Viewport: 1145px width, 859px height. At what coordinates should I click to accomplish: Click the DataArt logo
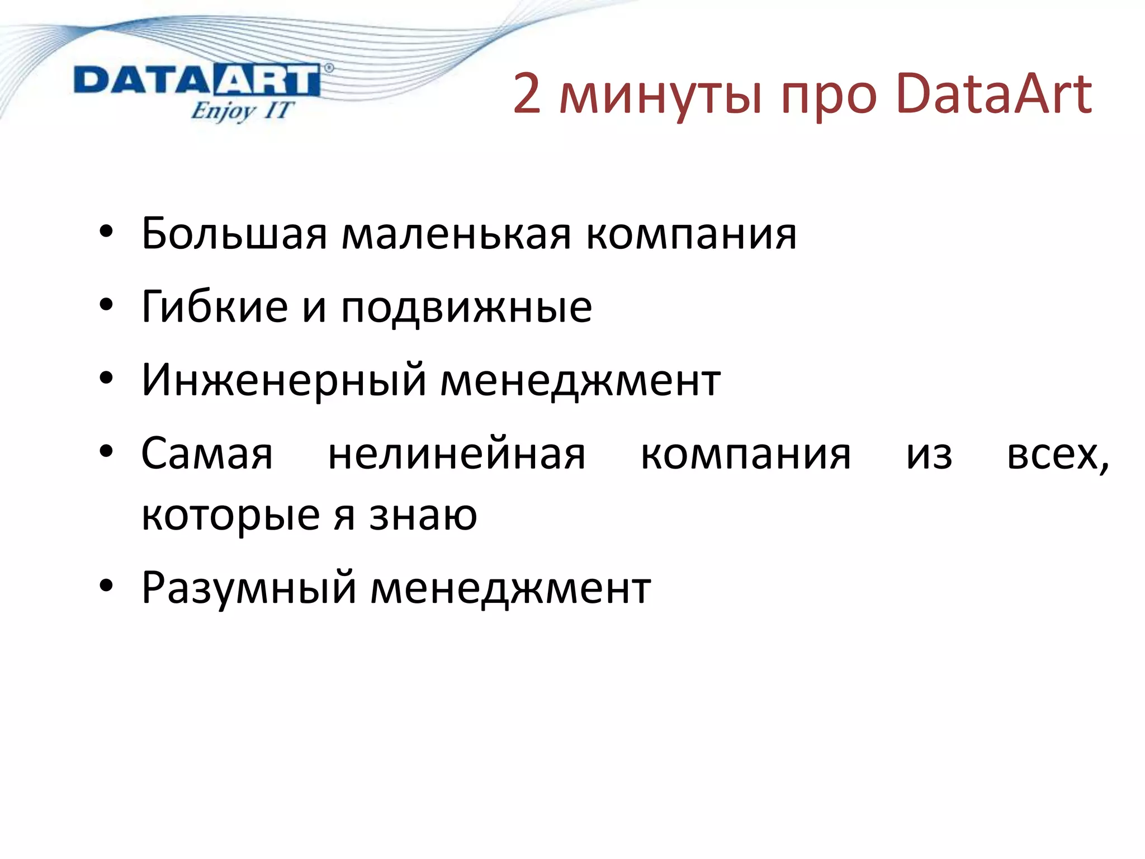pos(197,82)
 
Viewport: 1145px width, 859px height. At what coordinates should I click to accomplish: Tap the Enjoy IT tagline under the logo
pos(242,111)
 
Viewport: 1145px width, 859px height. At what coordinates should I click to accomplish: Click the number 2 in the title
pos(527,94)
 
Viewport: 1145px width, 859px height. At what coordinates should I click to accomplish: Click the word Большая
pos(234,234)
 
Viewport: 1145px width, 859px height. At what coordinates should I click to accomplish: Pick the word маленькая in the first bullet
pos(456,234)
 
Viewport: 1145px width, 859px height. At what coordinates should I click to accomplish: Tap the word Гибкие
pos(215,307)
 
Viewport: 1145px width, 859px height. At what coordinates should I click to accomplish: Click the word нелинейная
pos(456,454)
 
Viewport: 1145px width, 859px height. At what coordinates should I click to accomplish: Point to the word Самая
pos(207,454)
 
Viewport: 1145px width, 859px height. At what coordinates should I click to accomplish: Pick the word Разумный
pos(248,588)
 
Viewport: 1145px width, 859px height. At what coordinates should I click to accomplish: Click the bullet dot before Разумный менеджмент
pos(106,587)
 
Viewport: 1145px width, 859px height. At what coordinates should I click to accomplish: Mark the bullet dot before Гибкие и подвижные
pos(106,306)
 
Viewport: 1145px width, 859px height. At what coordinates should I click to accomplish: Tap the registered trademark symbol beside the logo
pos(329,68)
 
